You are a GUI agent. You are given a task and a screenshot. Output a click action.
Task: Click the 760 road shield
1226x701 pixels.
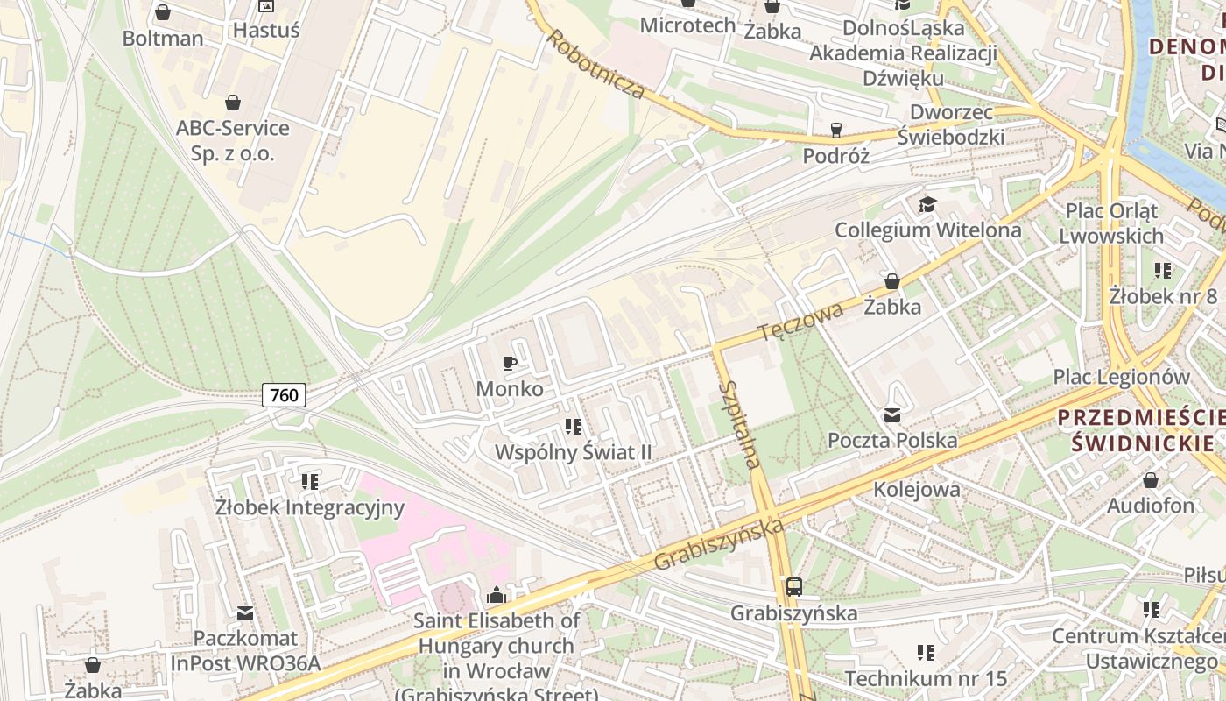(284, 395)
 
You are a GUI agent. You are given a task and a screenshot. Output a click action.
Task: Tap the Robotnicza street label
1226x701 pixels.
(596, 64)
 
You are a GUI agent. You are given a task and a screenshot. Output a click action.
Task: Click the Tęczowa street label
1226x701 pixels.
(800, 322)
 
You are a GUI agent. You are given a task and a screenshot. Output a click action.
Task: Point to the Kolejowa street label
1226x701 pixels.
(916, 489)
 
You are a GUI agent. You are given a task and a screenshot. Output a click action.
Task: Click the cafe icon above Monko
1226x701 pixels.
(510, 363)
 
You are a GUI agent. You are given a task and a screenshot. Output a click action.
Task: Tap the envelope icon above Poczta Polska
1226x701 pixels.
(892, 415)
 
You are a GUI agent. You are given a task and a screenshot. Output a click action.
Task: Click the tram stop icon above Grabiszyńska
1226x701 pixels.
(793, 587)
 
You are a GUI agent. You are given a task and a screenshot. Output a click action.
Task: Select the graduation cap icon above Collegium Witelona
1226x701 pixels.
(927, 205)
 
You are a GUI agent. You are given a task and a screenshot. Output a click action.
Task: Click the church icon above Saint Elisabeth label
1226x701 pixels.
(497, 596)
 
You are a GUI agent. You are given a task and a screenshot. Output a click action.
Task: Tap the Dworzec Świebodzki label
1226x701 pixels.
(951, 124)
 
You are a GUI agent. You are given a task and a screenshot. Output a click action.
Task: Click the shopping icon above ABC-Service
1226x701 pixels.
(233, 103)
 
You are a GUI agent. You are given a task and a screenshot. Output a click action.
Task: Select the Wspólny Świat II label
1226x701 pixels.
(574, 452)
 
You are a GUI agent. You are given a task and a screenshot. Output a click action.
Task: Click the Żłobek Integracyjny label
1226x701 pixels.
(310, 507)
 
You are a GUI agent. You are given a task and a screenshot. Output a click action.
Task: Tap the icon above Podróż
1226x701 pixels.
(835, 131)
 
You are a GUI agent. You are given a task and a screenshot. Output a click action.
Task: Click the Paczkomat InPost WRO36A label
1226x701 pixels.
(245, 650)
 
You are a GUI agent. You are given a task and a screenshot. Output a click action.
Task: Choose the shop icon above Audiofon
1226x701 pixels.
(1151, 480)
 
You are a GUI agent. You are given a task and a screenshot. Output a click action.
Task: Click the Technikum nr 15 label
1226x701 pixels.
(926, 677)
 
